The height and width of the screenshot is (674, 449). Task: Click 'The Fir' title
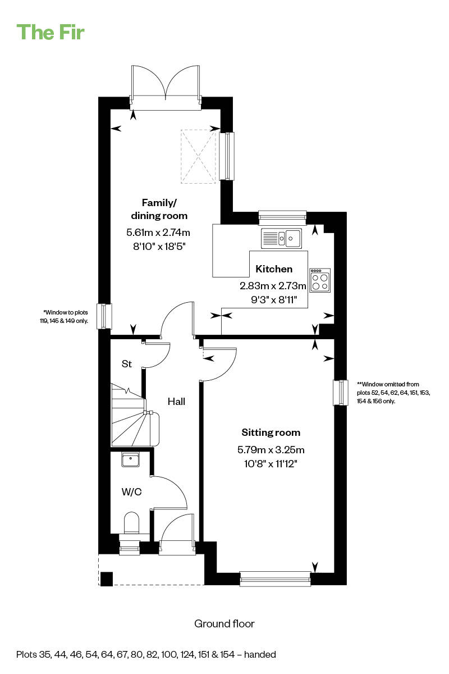51,32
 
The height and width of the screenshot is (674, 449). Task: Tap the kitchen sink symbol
281,238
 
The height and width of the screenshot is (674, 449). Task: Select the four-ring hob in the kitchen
320,280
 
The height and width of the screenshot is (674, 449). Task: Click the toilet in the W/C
131,522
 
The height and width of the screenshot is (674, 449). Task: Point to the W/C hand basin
131,459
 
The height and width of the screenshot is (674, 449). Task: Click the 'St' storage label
127,364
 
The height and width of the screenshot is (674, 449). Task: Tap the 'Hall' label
176,402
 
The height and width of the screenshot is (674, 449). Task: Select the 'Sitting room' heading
271,432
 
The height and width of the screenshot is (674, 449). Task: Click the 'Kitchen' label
274,268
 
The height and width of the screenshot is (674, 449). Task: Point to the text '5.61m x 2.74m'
158,233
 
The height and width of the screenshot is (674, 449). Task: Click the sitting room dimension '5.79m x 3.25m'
271,449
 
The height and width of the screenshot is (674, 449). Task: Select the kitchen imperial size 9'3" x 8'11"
274,300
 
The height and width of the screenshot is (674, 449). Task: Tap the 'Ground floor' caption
224,624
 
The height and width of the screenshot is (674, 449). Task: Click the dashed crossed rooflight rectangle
198,156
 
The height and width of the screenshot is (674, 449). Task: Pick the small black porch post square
107,579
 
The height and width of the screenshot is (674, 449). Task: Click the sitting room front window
275,579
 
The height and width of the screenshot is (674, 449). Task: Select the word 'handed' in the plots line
260,654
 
